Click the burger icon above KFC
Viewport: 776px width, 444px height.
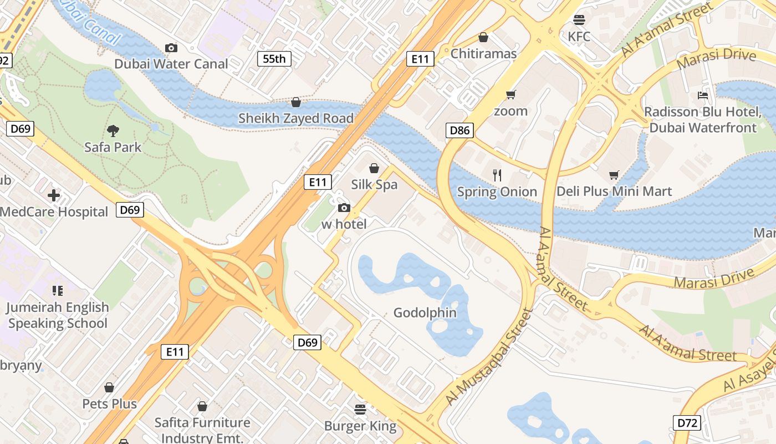pyautogui.click(x=579, y=20)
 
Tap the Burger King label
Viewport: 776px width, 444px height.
pyautogui.click(x=360, y=426)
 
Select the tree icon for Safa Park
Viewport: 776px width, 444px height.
pyautogui.click(x=113, y=131)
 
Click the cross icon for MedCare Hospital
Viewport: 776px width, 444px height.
pyautogui.click(x=54, y=195)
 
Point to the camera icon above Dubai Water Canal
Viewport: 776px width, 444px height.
pyautogui.click(x=171, y=48)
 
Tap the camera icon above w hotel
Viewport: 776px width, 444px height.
pyautogui.click(x=344, y=208)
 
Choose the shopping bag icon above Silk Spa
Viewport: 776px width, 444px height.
pyautogui.click(x=374, y=168)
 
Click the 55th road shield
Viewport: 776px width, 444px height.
pyautogui.click(x=274, y=58)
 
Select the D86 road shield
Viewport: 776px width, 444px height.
pyautogui.click(x=460, y=130)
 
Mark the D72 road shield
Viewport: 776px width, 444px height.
pyautogui.click(x=687, y=423)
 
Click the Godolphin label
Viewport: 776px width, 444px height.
pyautogui.click(x=425, y=312)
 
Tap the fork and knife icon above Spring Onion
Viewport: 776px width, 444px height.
pyautogui.click(x=497, y=175)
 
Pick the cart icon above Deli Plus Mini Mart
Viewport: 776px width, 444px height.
pyautogui.click(x=614, y=175)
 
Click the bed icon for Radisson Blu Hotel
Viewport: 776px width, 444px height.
pyautogui.click(x=703, y=95)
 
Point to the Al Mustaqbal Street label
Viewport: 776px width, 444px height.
pyautogui.click(x=488, y=357)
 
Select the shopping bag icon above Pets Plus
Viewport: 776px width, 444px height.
pyautogui.click(x=109, y=387)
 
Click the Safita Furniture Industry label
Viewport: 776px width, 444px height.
pyautogui.click(x=202, y=430)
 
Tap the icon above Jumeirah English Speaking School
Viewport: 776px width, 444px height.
pyautogui.click(x=57, y=290)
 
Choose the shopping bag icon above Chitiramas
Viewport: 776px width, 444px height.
pyautogui.click(x=483, y=37)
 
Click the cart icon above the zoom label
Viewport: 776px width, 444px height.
pyautogui.click(x=510, y=94)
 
